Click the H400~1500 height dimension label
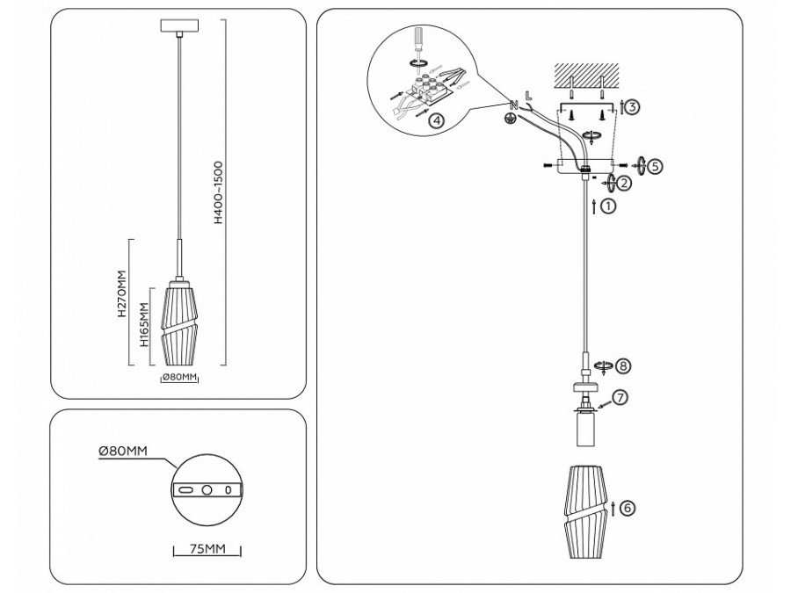(x=218, y=192)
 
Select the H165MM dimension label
(x=145, y=325)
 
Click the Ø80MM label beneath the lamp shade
(x=179, y=377)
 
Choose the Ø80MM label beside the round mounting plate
(x=123, y=451)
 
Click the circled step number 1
(x=609, y=206)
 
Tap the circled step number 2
(x=624, y=183)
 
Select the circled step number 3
(x=633, y=107)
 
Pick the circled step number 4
(x=437, y=120)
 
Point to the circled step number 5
(x=654, y=166)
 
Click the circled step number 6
(x=627, y=508)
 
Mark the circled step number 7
(x=620, y=397)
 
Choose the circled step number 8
(x=623, y=365)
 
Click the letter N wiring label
(x=513, y=105)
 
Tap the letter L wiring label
(x=528, y=94)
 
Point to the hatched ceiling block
(x=586, y=74)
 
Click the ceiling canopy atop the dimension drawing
(x=179, y=25)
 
